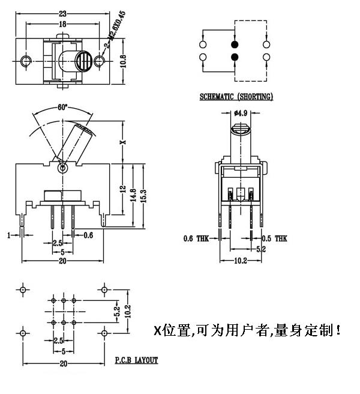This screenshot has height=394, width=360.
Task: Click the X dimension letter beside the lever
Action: click(x=122, y=142)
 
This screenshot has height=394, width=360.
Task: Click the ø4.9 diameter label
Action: click(x=241, y=112)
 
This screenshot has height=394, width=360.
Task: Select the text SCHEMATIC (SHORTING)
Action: click(x=236, y=96)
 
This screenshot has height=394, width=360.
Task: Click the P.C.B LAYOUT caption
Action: click(x=136, y=360)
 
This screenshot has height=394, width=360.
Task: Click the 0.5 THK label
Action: click(x=274, y=238)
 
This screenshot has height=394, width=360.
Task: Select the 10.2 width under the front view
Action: click(x=240, y=261)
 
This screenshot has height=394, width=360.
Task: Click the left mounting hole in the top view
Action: click(x=25, y=61)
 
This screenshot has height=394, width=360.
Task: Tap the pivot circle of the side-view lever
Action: click(x=62, y=169)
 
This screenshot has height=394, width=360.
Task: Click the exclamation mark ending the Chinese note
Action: click(x=340, y=330)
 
